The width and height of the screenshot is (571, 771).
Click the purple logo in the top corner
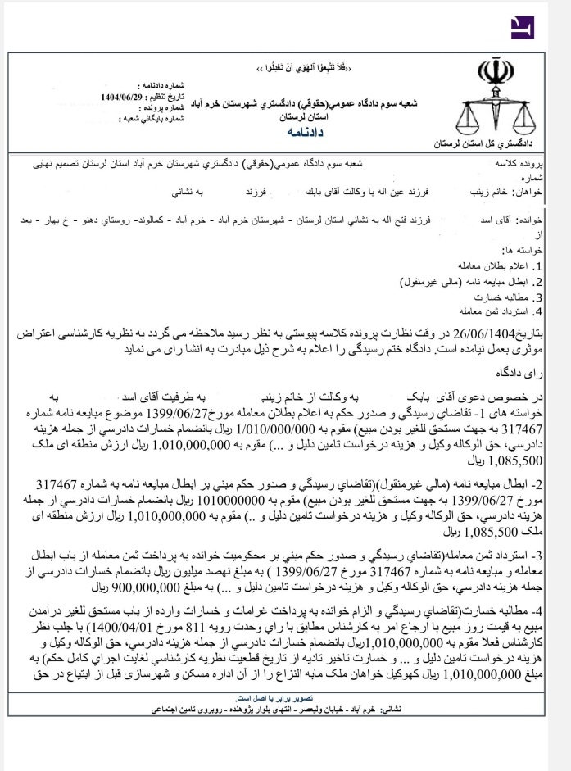521,26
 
